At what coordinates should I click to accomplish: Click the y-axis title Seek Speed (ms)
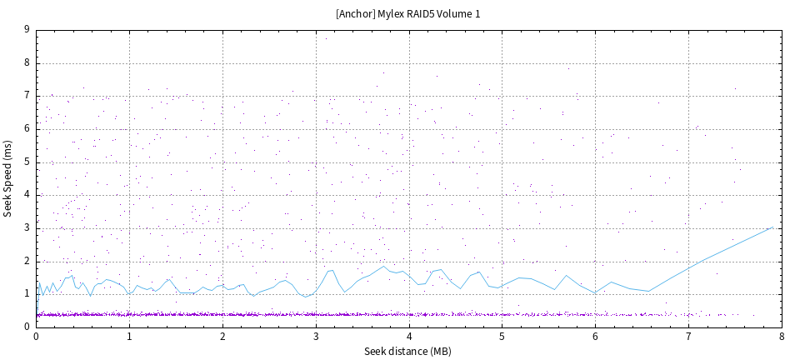[8, 178]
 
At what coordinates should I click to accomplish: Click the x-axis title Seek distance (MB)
[408, 351]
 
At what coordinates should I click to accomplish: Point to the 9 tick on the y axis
[27, 29]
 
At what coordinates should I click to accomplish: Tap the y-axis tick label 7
[27, 96]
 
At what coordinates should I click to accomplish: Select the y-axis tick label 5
[27, 162]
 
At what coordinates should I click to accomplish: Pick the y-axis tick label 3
[27, 227]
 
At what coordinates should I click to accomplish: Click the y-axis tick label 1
[27, 294]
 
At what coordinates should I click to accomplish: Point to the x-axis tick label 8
[782, 337]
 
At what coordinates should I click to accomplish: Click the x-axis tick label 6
[595, 337]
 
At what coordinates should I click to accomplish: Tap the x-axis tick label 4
[409, 337]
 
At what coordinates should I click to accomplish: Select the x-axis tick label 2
[222, 337]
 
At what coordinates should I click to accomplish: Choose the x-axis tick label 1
[129, 337]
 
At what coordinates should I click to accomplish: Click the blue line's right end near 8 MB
[772, 227]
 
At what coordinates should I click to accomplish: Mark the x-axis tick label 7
[688, 337]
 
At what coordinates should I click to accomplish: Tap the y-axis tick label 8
[27, 62]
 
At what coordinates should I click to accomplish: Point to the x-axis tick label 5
[502, 337]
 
